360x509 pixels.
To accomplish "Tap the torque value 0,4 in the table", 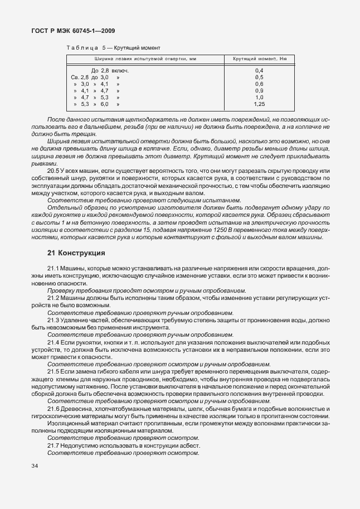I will [259, 71].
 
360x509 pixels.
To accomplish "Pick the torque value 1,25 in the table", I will [259, 104].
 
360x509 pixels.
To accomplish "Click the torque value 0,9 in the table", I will [259, 90].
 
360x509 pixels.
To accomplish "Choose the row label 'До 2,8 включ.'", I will [110, 71].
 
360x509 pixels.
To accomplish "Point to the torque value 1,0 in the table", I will [259, 97].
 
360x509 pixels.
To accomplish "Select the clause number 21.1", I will [54, 269].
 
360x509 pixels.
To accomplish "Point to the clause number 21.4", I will [54, 342].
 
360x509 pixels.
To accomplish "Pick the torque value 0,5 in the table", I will [259, 77].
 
